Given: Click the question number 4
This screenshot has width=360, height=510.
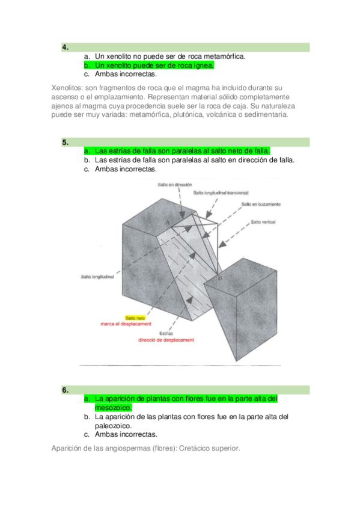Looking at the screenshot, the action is (66, 48).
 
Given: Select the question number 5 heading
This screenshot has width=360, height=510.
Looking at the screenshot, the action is (66, 143).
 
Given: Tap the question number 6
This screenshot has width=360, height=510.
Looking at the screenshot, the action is (66, 390).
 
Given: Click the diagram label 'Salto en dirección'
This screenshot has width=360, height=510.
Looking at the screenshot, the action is (175, 185).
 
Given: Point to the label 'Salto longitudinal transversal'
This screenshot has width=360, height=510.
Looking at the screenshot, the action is (221, 193).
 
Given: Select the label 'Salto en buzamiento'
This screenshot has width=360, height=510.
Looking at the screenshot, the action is (261, 204).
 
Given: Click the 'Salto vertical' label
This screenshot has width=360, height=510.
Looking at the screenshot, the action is (263, 222).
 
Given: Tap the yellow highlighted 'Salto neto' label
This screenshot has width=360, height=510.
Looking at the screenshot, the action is (135, 318).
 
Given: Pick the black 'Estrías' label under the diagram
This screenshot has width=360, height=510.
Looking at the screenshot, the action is (166, 333).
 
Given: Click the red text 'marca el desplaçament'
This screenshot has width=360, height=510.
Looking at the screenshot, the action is (126, 324).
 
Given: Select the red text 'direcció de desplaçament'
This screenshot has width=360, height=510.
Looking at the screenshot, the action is (166, 340).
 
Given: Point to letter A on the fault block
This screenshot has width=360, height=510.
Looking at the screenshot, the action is (168, 223).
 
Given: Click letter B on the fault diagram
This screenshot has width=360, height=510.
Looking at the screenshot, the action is (220, 278).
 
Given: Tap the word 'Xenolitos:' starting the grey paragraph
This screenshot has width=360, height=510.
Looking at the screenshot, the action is (67, 88).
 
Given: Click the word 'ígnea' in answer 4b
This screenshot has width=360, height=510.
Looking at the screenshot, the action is (204, 66).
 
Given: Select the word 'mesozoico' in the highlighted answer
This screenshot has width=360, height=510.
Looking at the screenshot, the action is (113, 408).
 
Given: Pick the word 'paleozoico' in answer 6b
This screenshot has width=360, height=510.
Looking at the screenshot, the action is (113, 426).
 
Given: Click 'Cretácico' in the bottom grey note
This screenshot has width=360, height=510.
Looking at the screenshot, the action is (194, 448).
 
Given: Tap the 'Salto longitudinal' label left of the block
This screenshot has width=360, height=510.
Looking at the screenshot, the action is (97, 277).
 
